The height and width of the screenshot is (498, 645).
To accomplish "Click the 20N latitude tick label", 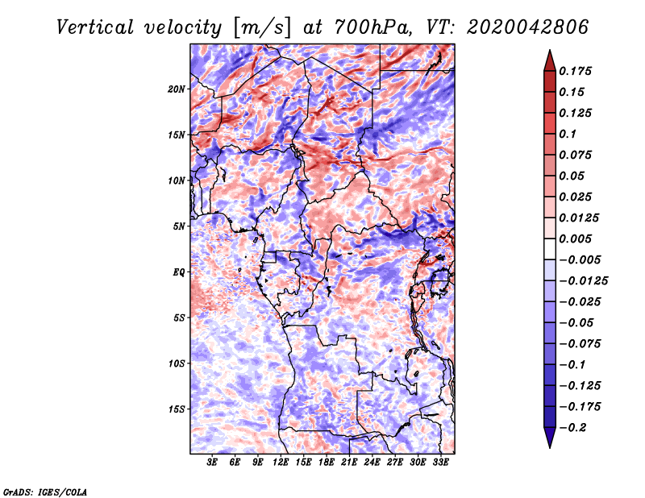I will point(177,89).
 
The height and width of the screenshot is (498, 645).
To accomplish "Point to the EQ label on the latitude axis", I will point(179,272).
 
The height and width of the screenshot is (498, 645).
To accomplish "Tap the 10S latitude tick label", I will point(177,363).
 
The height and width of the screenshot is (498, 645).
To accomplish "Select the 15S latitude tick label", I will point(177,409).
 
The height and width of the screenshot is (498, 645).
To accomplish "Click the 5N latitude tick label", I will point(179,226).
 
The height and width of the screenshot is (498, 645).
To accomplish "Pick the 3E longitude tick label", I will point(213,463).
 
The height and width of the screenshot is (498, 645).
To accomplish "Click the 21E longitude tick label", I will point(349,463).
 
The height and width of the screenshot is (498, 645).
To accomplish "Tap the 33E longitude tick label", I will point(440,463).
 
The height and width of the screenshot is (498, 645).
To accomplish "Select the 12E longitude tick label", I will point(281,463).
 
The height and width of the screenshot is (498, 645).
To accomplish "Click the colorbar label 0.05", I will point(574,176).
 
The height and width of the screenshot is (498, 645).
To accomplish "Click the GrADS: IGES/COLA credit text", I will point(44,491).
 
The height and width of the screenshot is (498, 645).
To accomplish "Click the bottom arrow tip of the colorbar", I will point(549,446).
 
